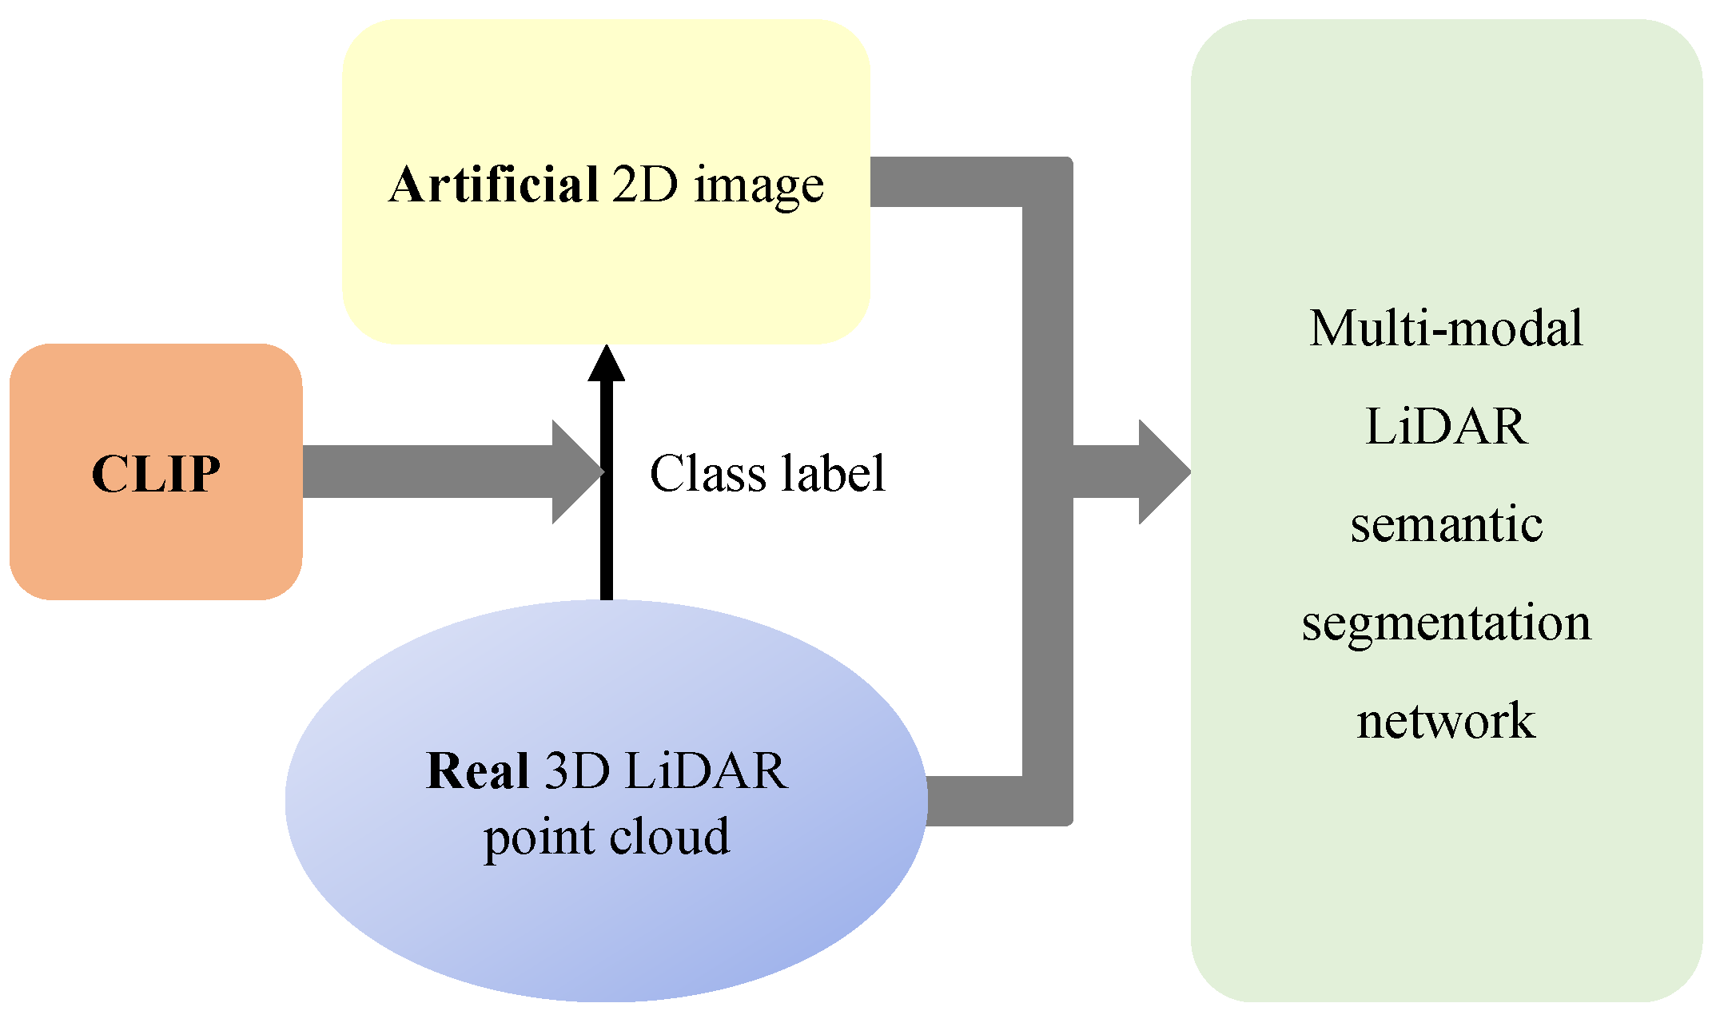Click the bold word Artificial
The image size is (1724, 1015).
pyautogui.click(x=493, y=185)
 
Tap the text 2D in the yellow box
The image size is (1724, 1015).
pyautogui.click(x=645, y=185)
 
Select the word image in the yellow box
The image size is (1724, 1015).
pyautogui.click(x=758, y=186)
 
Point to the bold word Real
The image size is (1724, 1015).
pyautogui.click(x=477, y=770)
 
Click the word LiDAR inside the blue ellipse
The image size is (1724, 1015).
pyautogui.click(x=707, y=770)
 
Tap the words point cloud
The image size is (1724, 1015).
pyautogui.click(x=607, y=837)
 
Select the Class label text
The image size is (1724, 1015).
pyautogui.click(x=767, y=473)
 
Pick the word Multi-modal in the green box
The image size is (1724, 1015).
pyautogui.click(x=1446, y=328)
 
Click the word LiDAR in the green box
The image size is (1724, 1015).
pyautogui.click(x=1446, y=426)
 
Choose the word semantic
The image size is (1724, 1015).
pyautogui.click(x=1446, y=524)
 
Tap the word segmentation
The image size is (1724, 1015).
pyautogui.click(x=1446, y=623)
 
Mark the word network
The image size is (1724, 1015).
pyautogui.click(x=1446, y=721)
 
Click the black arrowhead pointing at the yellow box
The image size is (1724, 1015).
pyautogui.click(x=607, y=364)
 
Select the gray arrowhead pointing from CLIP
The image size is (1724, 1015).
pyautogui.click(x=575, y=472)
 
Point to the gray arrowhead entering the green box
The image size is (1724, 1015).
pyautogui.click(x=1163, y=472)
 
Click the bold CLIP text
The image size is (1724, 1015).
pyautogui.click(x=156, y=473)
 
